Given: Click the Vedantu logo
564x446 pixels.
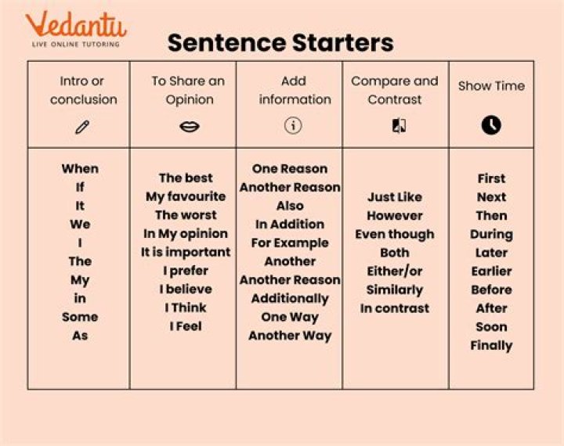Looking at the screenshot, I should tap(75, 27).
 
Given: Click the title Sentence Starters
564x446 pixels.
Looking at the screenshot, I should tap(280, 42).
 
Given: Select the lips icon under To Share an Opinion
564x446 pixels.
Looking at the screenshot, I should tap(189, 126).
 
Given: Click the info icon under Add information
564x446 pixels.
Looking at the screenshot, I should tap(293, 125).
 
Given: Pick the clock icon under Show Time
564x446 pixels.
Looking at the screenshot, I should tap(491, 125).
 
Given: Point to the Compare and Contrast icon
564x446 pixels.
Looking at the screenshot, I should tap(399, 126).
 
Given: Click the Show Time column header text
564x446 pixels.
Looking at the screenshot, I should tap(491, 86).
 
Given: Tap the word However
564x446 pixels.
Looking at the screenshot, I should tap(394, 215).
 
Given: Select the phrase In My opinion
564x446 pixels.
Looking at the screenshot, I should tap(186, 233).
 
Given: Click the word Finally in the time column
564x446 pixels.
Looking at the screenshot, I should tap(491, 345).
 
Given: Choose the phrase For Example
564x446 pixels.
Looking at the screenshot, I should tap(290, 243).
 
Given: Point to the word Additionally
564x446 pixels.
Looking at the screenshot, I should tap(290, 298).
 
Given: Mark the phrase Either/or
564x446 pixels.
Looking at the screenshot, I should tap(394, 271).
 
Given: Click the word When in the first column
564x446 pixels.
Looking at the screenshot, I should tap(80, 168).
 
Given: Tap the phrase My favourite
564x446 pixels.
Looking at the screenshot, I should tap(186, 196).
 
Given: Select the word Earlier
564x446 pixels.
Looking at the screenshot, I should tap(491, 271).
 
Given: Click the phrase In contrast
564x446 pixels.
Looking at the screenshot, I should tap(394, 308).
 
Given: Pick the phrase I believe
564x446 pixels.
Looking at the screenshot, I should tap(186, 289).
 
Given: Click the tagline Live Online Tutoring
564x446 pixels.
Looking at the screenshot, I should tap(75, 45).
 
